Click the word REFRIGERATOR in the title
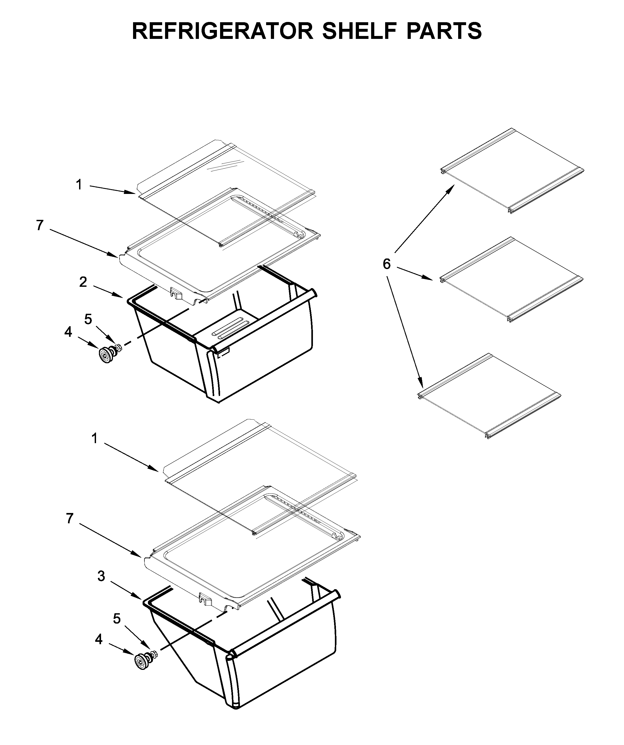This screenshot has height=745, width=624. click(223, 31)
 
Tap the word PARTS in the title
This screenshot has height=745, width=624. click(444, 31)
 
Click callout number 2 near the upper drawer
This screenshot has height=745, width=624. click(83, 282)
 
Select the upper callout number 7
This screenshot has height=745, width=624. click(40, 225)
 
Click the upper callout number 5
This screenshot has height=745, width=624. click(88, 319)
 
